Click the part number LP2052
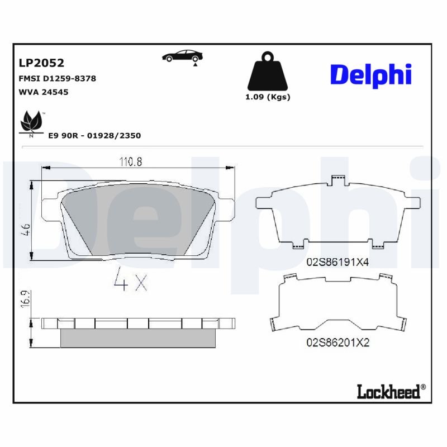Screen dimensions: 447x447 click(x=42, y=63)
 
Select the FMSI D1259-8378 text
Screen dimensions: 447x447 click(x=58, y=79)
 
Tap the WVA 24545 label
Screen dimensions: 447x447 click(x=44, y=92)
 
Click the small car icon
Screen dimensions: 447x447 click(x=182, y=56)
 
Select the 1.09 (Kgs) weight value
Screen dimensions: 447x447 click(x=268, y=97)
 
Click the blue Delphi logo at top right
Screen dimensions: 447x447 click(x=370, y=75)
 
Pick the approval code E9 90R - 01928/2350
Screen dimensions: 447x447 click(x=94, y=135)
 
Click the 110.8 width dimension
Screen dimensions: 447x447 click(x=131, y=162)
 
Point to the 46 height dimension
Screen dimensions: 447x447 click(x=25, y=229)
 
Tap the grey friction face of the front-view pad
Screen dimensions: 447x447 click(x=134, y=218)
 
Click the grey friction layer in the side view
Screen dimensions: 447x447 click(x=137, y=337)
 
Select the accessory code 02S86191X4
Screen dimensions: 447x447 click(x=337, y=261)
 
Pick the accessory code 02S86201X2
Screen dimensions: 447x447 click(x=337, y=343)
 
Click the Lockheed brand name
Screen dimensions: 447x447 click(x=388, y=392)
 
